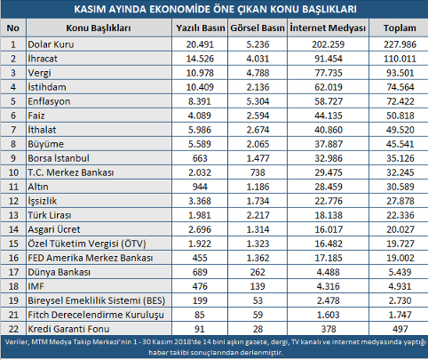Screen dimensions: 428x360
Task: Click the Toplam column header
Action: click(x=400, y=28)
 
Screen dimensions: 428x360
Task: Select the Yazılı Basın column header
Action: click(x=201, y=28)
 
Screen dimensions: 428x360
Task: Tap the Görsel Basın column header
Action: click(x=258, y=28)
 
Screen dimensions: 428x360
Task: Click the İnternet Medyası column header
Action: click(x=328, y=28)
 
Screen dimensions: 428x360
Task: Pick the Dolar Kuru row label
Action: click(x=51, y=44)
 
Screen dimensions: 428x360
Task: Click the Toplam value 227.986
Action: click(x=400, y=44)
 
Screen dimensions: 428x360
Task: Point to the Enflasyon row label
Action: click(x=49, y=101)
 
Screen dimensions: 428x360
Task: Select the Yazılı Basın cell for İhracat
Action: click(x=200, y=59)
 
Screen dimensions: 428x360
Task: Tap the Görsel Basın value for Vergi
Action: click(x=258, y=73)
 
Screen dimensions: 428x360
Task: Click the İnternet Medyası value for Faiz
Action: click(x=329, y=116)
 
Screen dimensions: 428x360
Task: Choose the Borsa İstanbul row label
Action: click(x=59, y=158)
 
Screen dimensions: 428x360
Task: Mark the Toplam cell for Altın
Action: click(x=400, y=187)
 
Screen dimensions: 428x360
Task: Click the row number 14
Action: click(x=13, y=229)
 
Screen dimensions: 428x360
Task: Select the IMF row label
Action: click(x=36, y=286)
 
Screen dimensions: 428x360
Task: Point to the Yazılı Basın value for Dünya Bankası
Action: click(x=200, y=272)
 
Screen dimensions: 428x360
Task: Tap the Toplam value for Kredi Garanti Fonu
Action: click(x=400, y=329)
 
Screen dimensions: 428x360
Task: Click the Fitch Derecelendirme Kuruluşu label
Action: click(x=96, y=315)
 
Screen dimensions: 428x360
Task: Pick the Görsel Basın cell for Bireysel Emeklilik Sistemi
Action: click(x=258, y=300)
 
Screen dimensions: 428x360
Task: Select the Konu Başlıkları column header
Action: click(x=99, y=28)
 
